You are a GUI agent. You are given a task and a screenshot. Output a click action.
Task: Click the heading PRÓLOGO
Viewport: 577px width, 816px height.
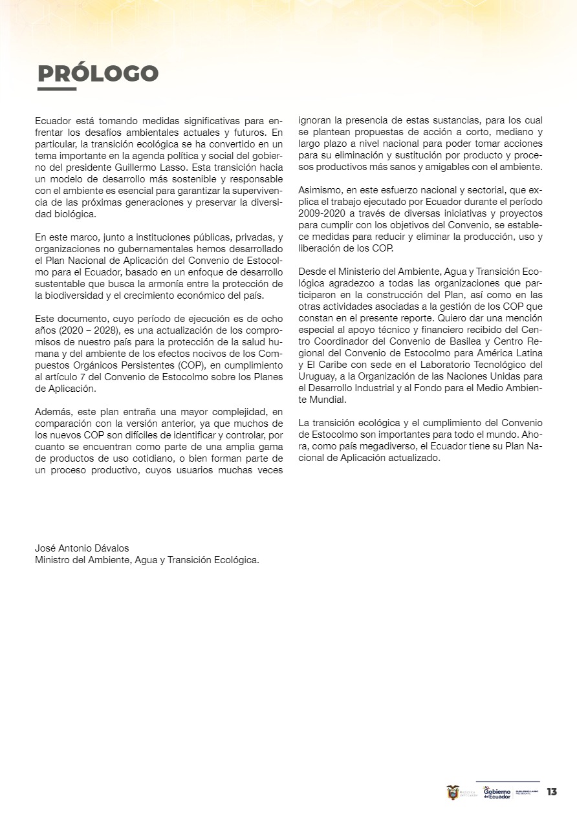(98, 74)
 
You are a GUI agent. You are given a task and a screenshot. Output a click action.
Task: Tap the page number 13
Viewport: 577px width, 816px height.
(552, 792)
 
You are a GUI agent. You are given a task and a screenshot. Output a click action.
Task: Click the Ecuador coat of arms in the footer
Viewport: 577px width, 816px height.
(453, 792)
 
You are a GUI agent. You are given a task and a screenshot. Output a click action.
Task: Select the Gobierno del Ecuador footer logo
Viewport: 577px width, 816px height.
(497, 793)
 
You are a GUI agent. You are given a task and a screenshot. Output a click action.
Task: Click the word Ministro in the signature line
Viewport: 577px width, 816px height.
(52, 560)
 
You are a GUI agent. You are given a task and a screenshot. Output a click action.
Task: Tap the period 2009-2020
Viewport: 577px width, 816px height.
(318, 213)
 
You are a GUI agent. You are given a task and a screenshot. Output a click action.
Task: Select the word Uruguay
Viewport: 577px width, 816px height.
(316, 375)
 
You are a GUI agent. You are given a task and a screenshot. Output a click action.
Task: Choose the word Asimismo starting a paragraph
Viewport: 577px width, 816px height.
(319, 189)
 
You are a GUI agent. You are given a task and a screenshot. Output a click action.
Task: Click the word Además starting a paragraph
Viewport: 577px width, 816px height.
(52, 411)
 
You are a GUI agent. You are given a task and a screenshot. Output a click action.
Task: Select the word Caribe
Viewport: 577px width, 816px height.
(331, 363)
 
